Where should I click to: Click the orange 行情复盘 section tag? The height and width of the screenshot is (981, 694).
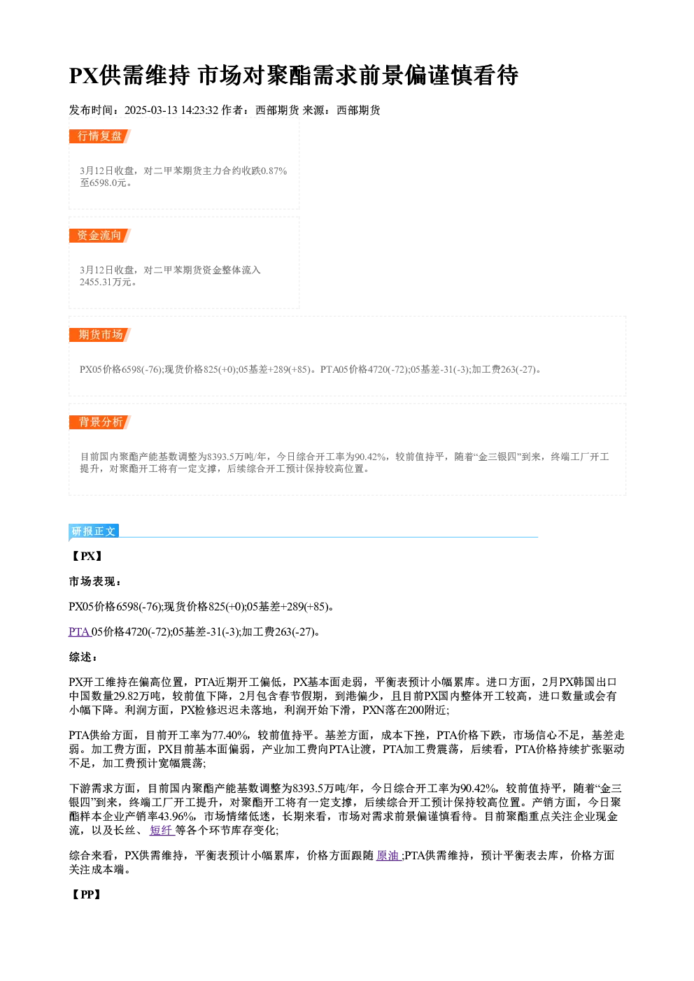pos(100,136)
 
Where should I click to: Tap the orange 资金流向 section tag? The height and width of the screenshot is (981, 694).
pos(100,236)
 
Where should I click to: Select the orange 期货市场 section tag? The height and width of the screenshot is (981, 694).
pos(100,335)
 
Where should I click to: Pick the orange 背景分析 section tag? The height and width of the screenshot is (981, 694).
pos(100,422)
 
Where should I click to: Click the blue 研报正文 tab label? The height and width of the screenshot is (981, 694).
pos(94,531)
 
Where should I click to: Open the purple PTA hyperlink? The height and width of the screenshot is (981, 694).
pos(79,632)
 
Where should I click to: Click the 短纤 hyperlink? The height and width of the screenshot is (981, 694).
pos(162,831)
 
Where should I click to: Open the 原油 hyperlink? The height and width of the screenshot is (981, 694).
pos(388,855)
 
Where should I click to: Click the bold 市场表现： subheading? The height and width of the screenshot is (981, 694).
pos(95,582)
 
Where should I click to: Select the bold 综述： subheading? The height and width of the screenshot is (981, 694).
pos(83,657)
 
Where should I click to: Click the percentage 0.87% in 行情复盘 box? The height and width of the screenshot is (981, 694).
pos(274,171)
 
